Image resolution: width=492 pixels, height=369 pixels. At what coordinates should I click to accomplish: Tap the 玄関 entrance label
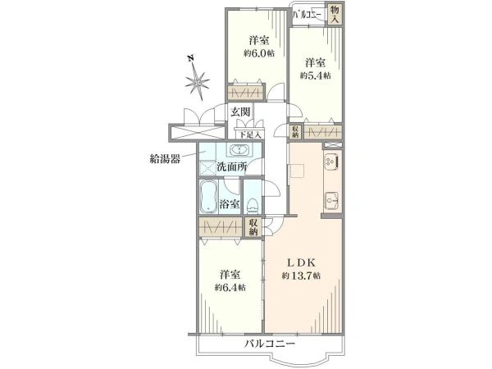(240, 112)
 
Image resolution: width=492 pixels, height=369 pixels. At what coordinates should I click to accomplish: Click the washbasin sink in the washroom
(239, 150)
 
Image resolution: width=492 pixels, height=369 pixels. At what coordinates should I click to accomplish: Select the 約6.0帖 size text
(258, 52)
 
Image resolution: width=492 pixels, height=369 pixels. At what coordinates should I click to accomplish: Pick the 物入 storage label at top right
(335, 14)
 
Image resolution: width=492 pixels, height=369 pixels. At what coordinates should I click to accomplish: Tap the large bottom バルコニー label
(269, 344)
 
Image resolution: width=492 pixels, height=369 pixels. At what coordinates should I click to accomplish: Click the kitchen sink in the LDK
(332, 200)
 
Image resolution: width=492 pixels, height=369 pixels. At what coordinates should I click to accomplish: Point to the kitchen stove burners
(333, 162)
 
